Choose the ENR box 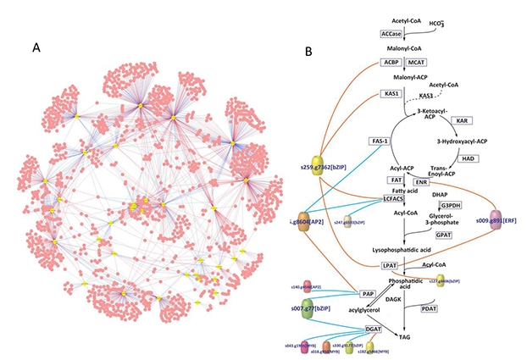tap(420, 181)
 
